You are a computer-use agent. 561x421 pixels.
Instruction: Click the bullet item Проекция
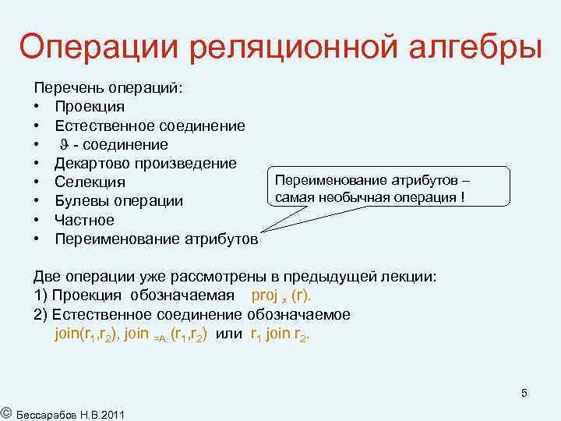89,107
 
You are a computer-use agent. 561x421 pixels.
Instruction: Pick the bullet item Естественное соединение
150,126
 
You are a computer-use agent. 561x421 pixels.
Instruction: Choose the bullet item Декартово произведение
146,163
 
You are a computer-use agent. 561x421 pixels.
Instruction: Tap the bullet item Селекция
90,182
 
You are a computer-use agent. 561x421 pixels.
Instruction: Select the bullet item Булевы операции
119,200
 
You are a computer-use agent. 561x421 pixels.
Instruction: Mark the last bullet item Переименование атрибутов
156,239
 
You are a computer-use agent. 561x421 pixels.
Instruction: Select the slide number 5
524,392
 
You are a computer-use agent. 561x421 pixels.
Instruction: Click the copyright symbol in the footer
5,412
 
